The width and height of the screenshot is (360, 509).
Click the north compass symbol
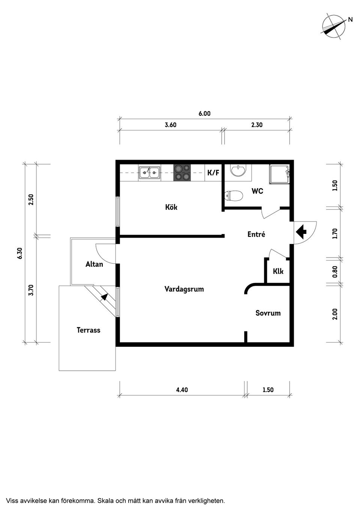click(334, 26)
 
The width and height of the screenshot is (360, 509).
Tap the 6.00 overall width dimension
click(204, 114)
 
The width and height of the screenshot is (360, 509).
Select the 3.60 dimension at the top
click(171, 125)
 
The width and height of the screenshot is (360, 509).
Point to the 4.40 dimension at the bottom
click(182, 390)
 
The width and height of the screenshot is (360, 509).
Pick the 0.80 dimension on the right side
click(335, 271)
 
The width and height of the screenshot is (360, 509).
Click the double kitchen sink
click(149, 173)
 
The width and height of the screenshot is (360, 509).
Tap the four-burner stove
click(182, 173)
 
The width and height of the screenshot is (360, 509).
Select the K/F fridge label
click(213, 173)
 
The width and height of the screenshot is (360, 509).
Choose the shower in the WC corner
click(279, 174)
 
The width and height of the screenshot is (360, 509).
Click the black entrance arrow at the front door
click(301, 232)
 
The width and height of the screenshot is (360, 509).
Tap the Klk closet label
click(278, 271)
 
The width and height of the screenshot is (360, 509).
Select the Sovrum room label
click(268, 313)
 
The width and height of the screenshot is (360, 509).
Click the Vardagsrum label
click(184, 289)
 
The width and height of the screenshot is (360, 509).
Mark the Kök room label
click(171, 207)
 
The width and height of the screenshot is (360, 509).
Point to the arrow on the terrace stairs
click(104, 296)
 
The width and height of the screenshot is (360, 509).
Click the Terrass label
click(88, 330)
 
